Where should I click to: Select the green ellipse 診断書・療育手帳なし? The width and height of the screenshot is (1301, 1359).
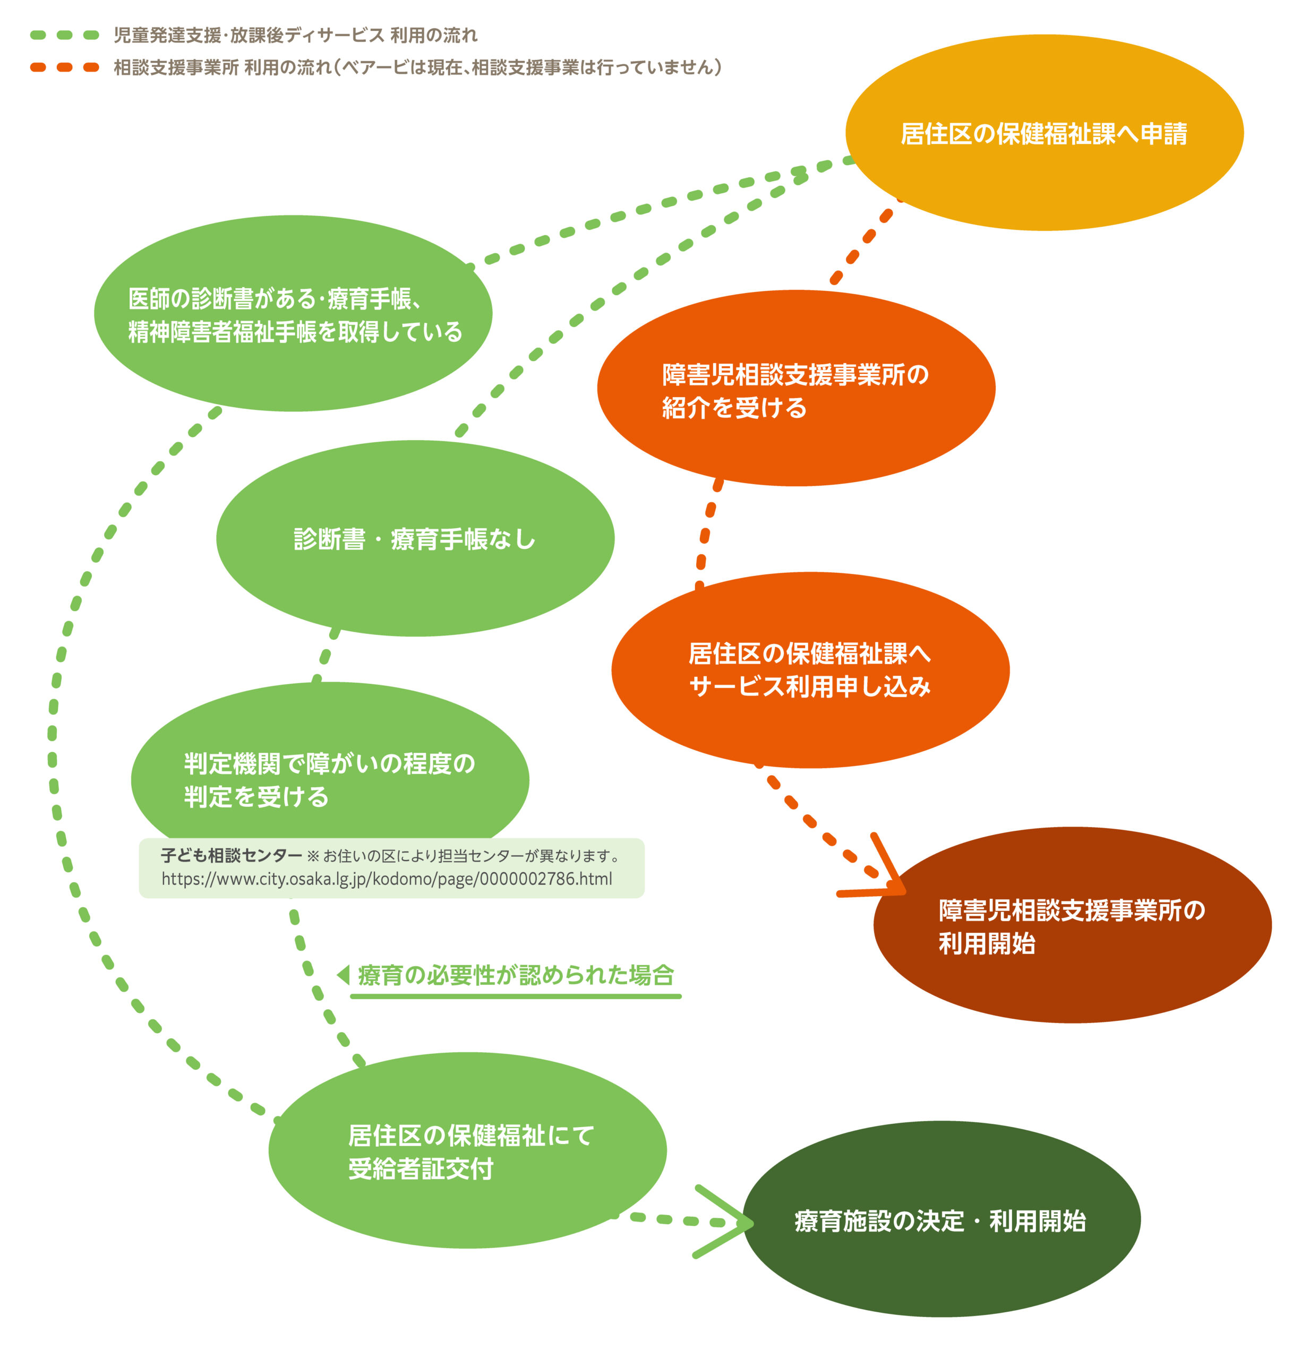pyautogui.click(x=415, y=538)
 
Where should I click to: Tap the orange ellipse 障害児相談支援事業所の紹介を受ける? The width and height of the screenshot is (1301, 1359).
pyautogui.click(x=795, y=388)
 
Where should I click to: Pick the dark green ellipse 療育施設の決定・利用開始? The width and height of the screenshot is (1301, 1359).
pyautogui.click(x=941, y=1221)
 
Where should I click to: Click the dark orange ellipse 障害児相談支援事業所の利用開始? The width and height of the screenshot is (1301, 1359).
pyautogui.click(x=1072, y=926)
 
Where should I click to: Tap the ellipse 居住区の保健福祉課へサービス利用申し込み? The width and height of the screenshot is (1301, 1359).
pyautogui.click(x=809, y=670)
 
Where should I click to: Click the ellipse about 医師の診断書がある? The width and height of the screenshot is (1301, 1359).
pyautogui.click(x=293, y=313)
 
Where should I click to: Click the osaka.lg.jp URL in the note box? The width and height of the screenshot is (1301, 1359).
pyautogui.click(x=386, y=879)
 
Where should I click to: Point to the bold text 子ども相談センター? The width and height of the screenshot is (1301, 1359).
pyautogui.click(x=230, y=856)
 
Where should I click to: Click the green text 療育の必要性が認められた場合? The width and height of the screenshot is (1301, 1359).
pyautogui.click(x=515, y=975)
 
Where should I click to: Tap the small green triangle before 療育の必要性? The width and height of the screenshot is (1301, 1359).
pyautogui.click(x=343, y=975)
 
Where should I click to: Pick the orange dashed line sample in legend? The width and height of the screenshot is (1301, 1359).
pyautogui.click(x=64, y=67)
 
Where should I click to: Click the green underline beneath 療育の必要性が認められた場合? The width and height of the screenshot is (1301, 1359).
pyautogui.click(x=515, y=996)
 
